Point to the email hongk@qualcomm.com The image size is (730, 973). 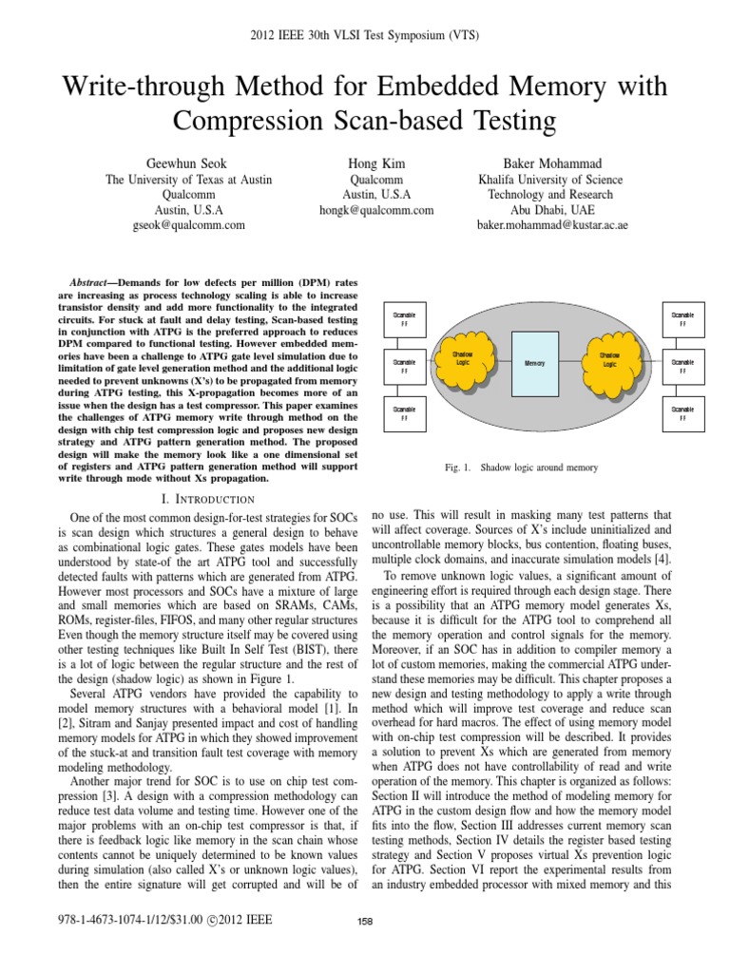(x=365, y=209)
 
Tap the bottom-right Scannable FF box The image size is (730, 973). (x=682, y=412)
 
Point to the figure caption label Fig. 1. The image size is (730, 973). (x=459, y=468)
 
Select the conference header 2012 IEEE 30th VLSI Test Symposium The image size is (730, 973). (x=364, y=36)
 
